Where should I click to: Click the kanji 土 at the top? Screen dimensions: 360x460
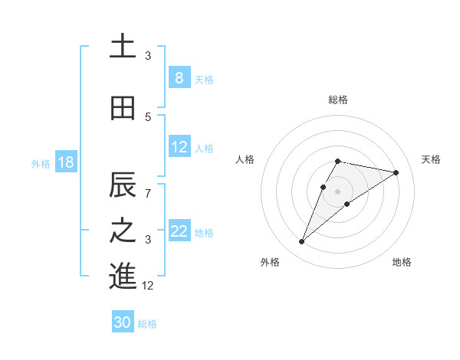pyautogui.click(x=123, y=47)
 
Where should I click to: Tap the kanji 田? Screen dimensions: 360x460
pyautogui.click(x=123, y=109)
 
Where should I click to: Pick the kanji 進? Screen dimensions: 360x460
pyautogui.click(x=123, y=277)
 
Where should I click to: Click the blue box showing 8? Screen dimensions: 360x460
pyautogui.click(x=179, y=78)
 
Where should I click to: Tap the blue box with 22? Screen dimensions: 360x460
pyautogui.click(x=179, y=231)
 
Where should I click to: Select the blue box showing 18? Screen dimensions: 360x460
pyautogui.click(x=65, y=162)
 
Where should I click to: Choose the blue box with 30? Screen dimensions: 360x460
pyautogui.click(x=123, y=323)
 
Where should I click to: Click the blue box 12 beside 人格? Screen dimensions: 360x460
pyautogui.click(x=179, y=147)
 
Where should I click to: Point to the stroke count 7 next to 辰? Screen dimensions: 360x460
pyautogui.click(x=148, y=192)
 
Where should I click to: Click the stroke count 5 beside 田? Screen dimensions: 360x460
pyautogui.click(x=148, y=116)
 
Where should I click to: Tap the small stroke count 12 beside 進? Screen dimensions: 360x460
pyautogui.click(x=148, y=285)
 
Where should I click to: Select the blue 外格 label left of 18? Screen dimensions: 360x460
pyautogui.click(x=40, y=163)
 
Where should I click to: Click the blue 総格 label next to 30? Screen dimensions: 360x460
pyautogui.click(x=147, y=324)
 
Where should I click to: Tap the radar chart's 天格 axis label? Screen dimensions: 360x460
pyautogui.click(x=431, y=159)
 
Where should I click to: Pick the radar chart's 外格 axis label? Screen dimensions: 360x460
pyautogui.click(x=270, y=262)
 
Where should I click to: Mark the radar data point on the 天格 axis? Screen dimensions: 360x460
pyautogui.click(x=396, y=173)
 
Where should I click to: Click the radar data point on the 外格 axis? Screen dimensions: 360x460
pyautogui.click(x=302, y=242)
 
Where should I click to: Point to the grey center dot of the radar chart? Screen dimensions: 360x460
pyautogui.click(x=337, y=191)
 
